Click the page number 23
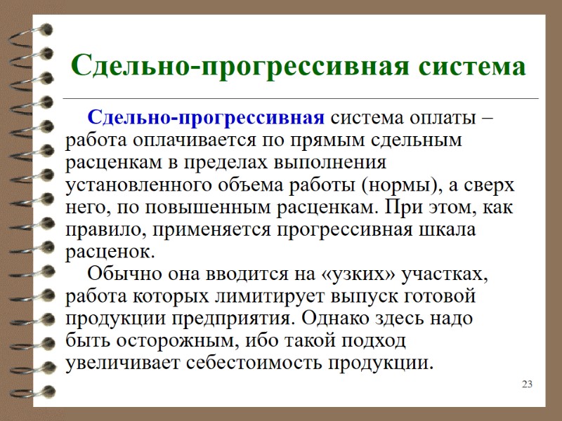[527, 384]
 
